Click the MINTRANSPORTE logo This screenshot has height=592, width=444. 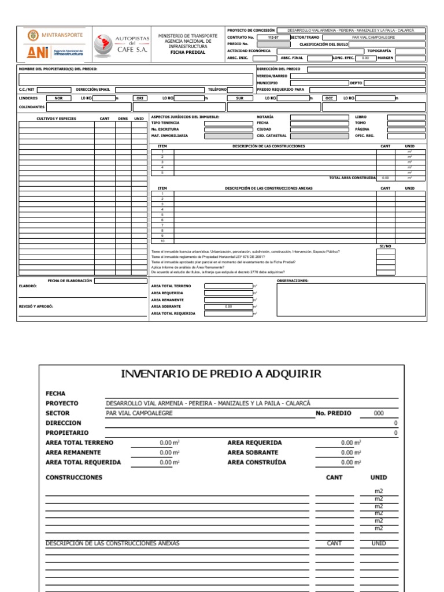point(55,35)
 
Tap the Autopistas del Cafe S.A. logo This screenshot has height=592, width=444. point(122,44)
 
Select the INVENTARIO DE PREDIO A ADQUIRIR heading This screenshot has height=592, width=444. point(221,373)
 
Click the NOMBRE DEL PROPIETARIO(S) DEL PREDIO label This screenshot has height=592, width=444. point(58,69)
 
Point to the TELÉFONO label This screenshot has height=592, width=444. point(217,90)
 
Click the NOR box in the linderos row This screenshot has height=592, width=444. point(58,98)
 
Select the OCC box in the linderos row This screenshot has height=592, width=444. point(330,98)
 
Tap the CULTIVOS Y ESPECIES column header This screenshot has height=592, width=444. point(56,119)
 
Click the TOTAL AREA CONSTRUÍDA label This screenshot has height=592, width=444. point(352,178)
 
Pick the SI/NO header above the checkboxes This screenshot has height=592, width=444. point(385,246)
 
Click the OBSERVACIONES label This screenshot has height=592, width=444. point(293,280)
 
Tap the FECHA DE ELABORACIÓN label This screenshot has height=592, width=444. point(69,280)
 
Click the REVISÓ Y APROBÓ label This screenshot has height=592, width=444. point(36,306)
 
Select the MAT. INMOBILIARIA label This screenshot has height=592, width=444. point(169,136)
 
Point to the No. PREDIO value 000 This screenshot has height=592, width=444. point(378,413)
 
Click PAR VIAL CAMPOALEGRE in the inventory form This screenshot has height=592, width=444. point(138,413)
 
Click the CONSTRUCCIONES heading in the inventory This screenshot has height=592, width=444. point(74,478)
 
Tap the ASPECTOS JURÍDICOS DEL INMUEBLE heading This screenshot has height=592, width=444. point(185,117)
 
